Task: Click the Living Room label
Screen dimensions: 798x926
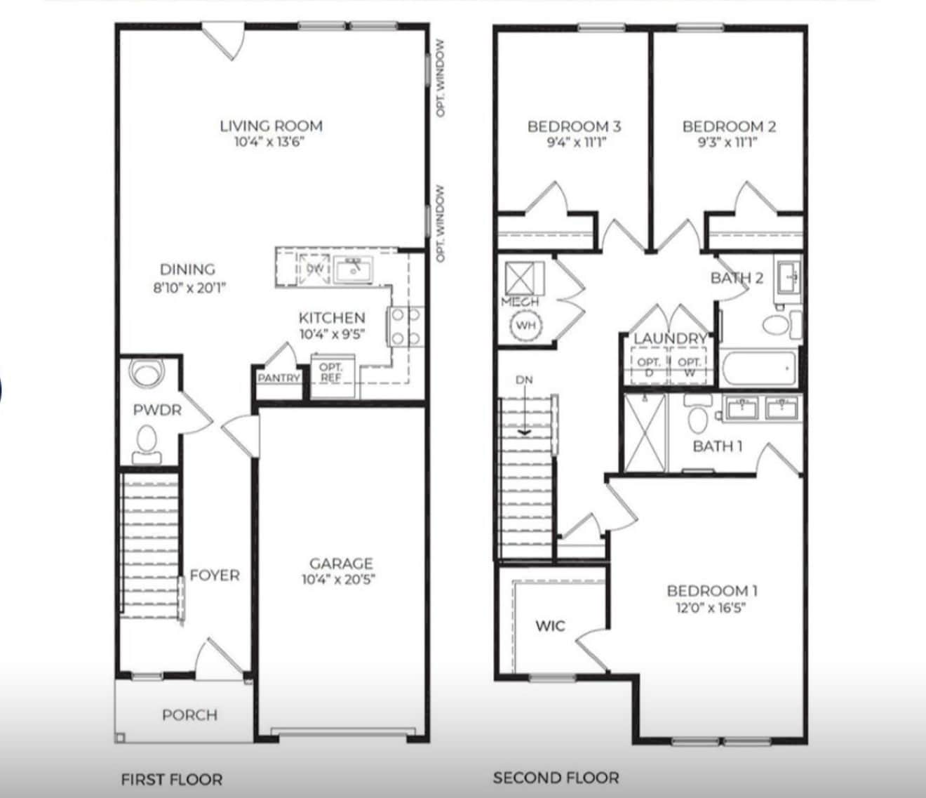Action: point(271,126)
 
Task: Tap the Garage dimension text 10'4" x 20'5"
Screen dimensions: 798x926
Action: point(341,580)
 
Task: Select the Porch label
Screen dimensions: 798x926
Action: point(189,715)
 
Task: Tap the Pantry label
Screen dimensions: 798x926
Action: point(279,378)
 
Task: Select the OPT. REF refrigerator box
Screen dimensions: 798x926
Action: point(331,375)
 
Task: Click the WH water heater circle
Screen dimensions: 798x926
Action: point(525,326)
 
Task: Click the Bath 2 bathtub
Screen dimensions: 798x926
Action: point(758,368)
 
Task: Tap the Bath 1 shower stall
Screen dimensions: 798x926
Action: point(644,432)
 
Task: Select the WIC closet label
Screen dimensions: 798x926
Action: point(550,625)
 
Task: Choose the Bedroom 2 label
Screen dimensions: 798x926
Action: point(729,126)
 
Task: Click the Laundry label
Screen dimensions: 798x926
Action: point(670,339)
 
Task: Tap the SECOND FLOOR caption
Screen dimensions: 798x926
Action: point(556,778)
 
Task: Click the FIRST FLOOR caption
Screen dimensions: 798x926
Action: point(172,779)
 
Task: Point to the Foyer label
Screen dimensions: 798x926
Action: point(215,576)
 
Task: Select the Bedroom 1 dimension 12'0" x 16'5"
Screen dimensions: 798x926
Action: point(711,608)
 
